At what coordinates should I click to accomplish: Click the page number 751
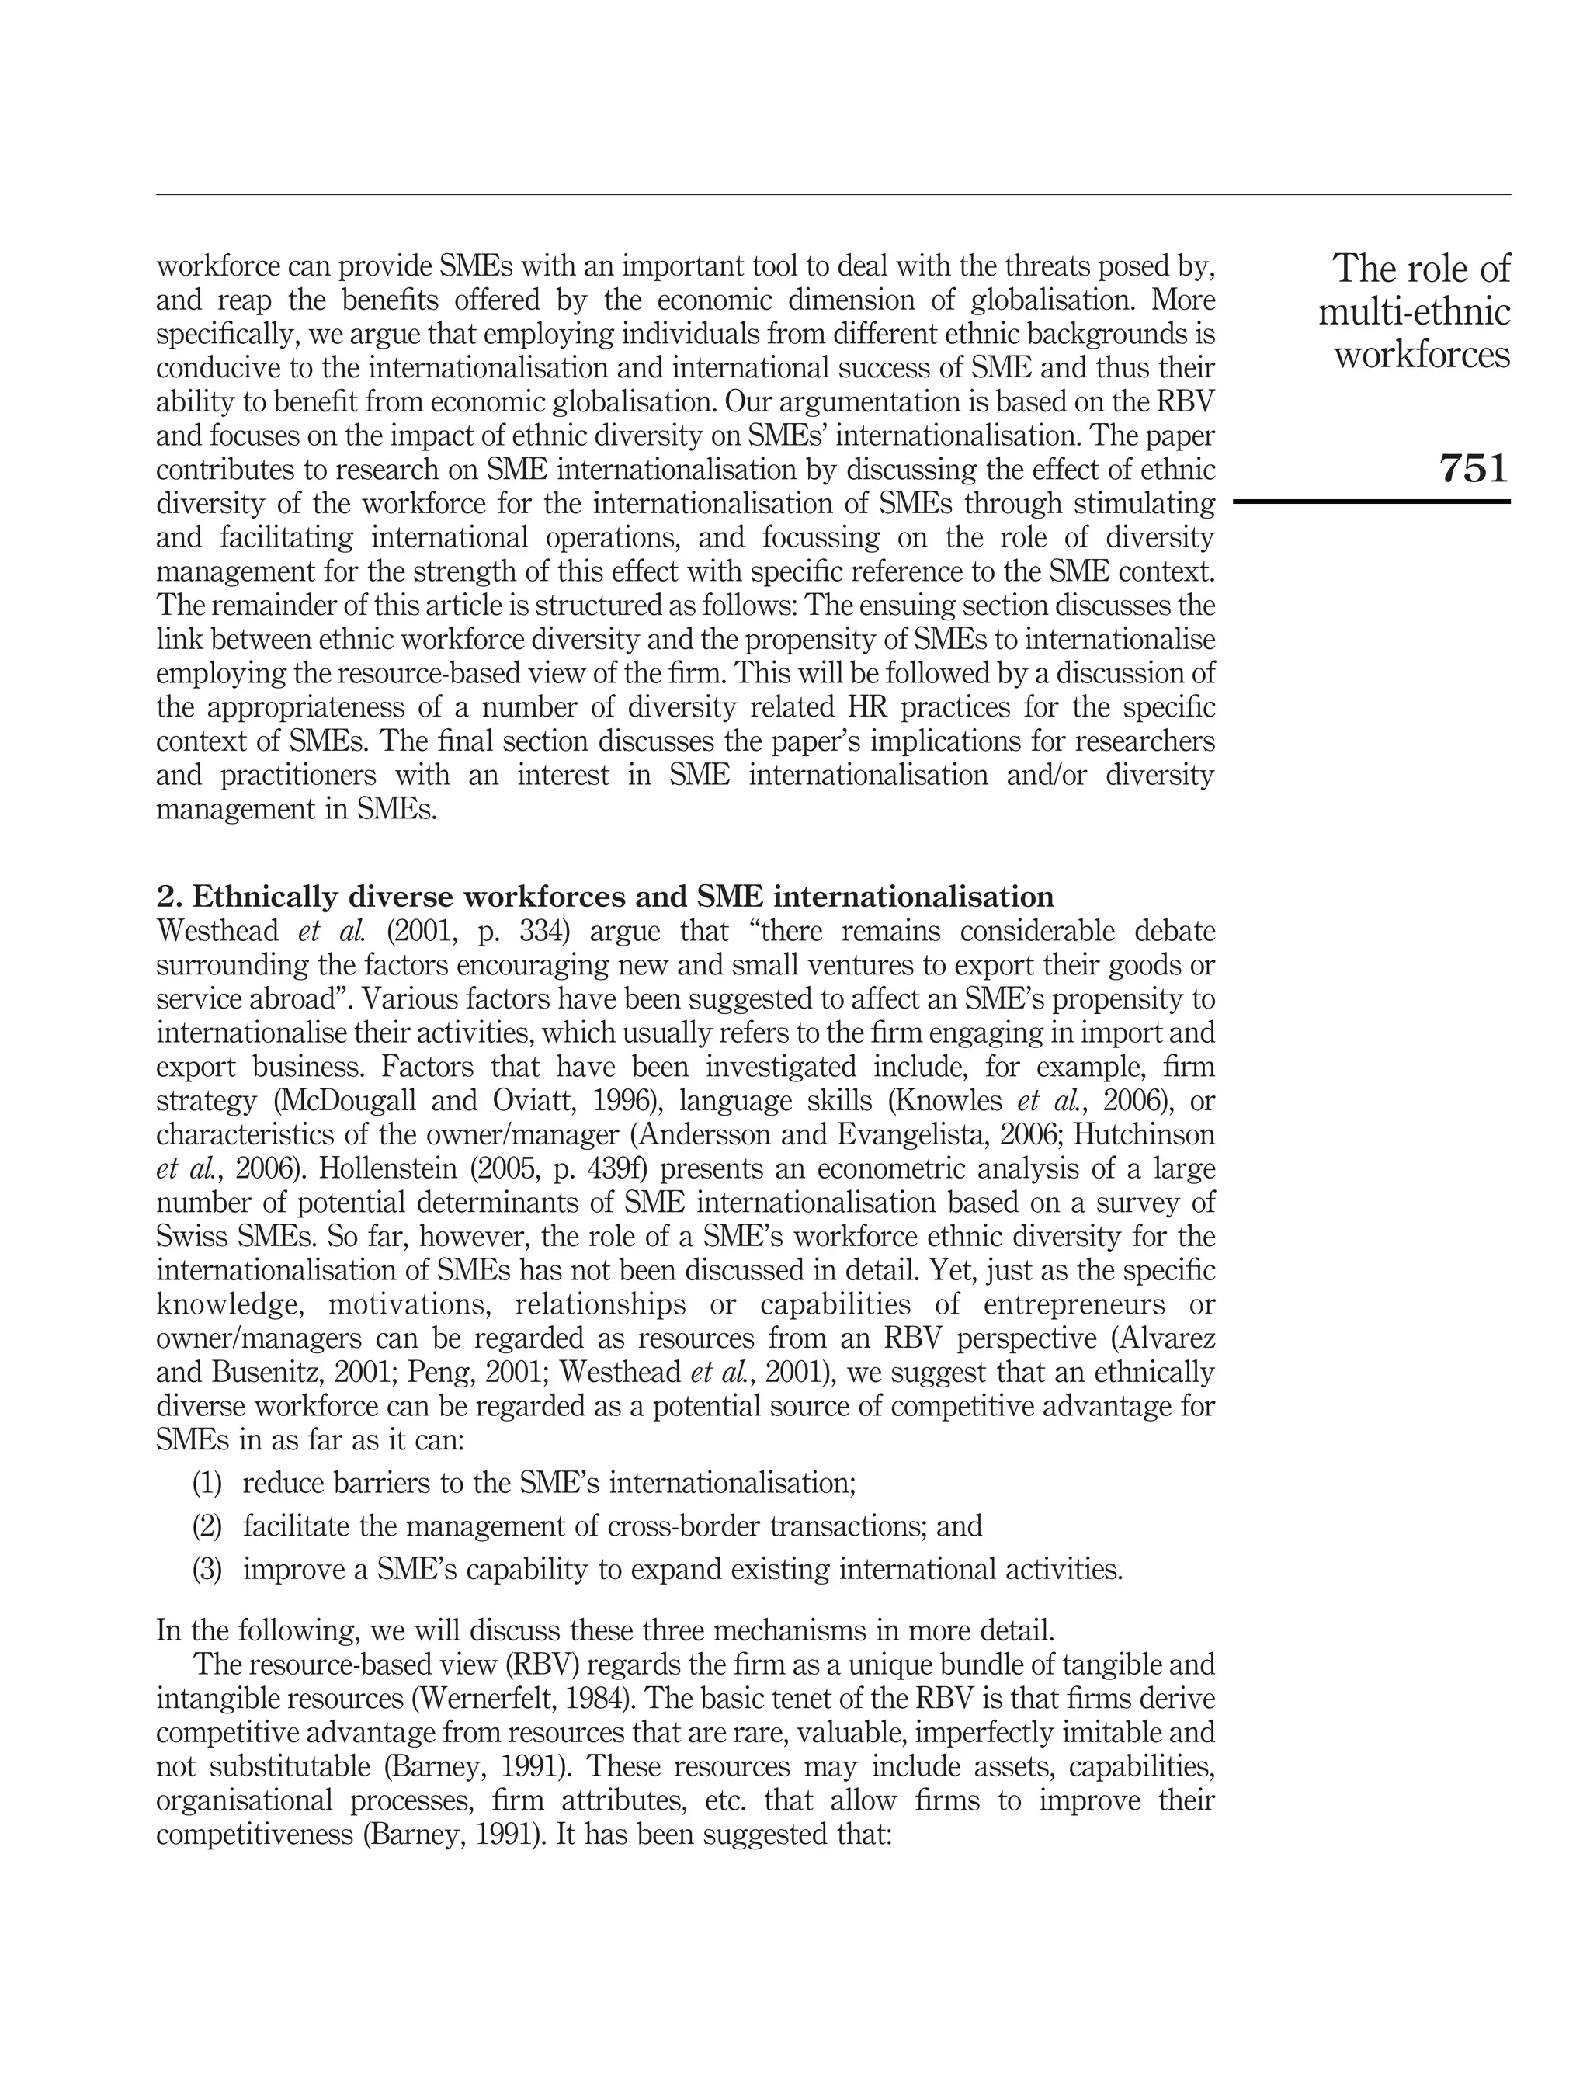[x=1473, y=467]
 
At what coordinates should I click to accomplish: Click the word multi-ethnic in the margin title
[x=1414, y=312]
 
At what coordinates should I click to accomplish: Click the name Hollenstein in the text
[x=387, y=1168]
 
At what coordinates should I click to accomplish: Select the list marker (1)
[x=207, y=1483]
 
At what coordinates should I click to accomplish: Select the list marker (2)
[x=207, y=1526]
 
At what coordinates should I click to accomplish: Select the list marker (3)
[x=207, y=1570]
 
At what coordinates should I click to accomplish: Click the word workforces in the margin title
[x=1422, y=355]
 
